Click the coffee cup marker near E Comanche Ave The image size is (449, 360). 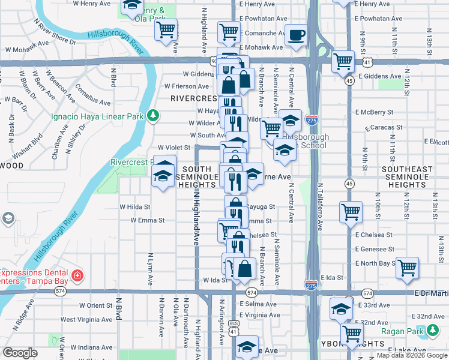295,35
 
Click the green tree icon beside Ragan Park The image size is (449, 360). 433,329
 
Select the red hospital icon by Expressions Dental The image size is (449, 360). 77,276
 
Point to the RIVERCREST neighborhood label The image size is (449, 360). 193,98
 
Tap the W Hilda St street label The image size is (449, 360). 134,206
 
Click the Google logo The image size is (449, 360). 20,353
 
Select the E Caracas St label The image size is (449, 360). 384,128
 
